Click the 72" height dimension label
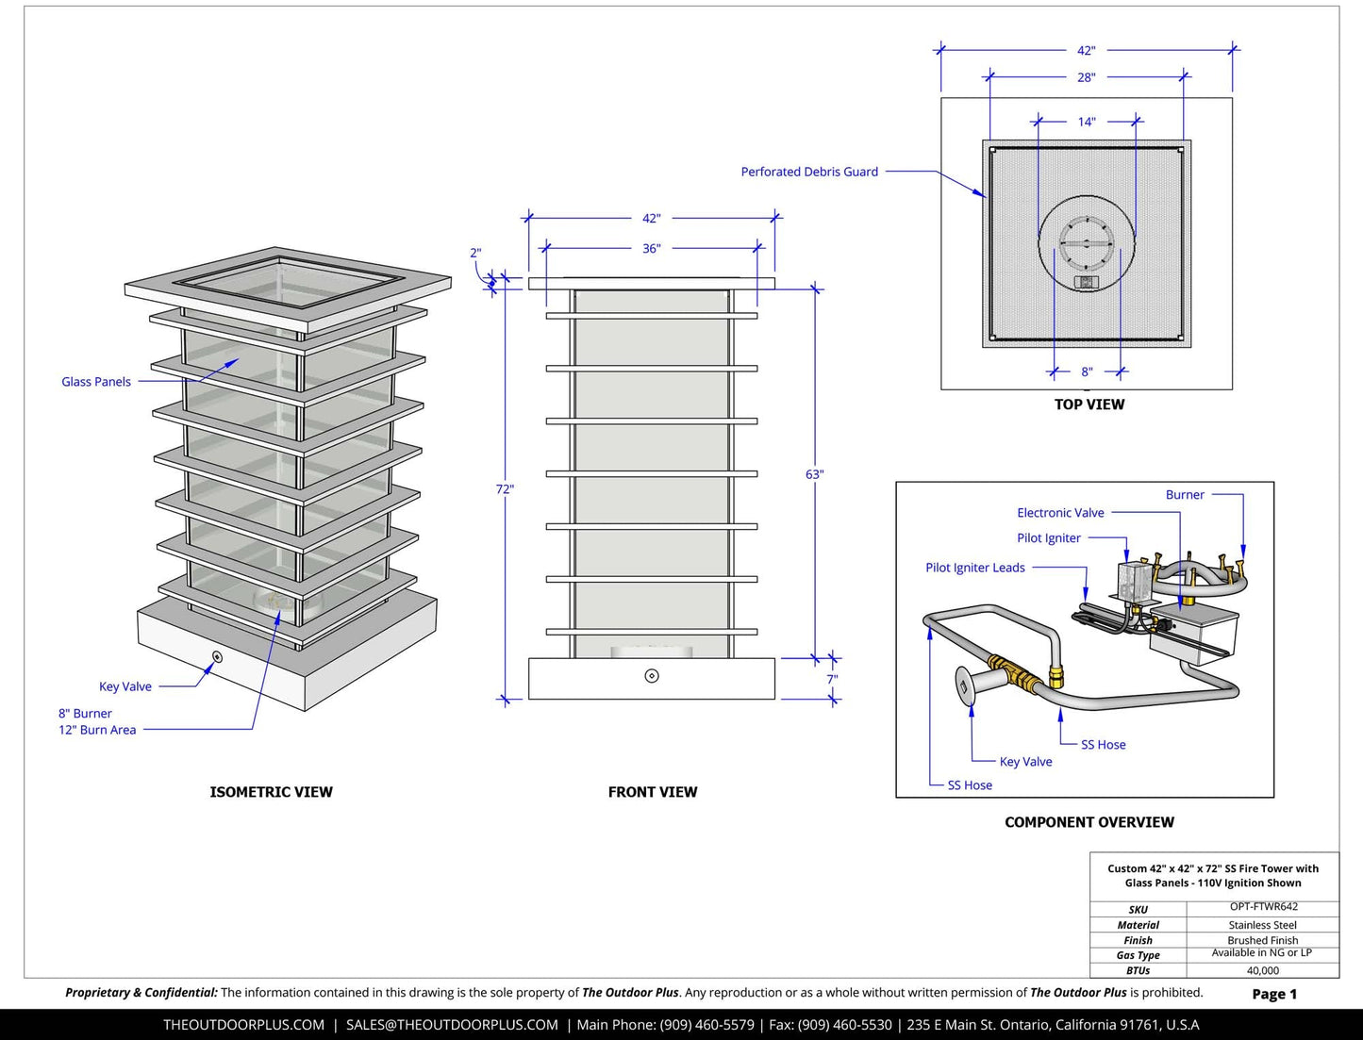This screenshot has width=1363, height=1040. click(505, 489)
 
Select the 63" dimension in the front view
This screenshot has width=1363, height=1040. click(814, 474)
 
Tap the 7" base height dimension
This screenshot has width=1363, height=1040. click(832, 679)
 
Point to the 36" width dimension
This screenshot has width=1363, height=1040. click(652, 248)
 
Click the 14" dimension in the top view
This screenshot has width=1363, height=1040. click(1087, 122)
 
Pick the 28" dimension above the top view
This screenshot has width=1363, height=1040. click(1087, 77)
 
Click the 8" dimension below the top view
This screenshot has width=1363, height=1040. click(1087, 372)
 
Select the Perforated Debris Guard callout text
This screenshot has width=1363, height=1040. click(809, 172)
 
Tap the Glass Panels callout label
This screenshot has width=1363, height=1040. click(96, 382)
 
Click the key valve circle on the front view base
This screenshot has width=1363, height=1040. click(652, 675)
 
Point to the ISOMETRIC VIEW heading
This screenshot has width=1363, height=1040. click(271, 792)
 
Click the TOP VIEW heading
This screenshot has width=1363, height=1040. click(1089, 404)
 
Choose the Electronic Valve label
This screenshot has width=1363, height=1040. click(1060, 513)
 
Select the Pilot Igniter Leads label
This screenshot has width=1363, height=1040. click(975, 568)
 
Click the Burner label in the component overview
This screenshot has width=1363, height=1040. click(1185, 495)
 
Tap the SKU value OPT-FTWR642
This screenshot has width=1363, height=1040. click(1263, 907)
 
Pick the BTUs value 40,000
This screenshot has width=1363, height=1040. click(1263, 970)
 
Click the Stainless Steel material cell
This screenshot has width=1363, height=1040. click(1263, 925)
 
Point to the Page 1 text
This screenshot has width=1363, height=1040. click(1274, 994)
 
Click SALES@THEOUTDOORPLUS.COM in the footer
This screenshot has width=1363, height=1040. click(452, 1025)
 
